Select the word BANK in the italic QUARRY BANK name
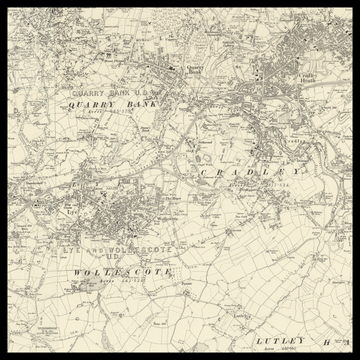click(142, 103)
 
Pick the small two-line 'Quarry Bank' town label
click(196, 69)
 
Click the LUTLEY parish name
click(279, 340)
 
